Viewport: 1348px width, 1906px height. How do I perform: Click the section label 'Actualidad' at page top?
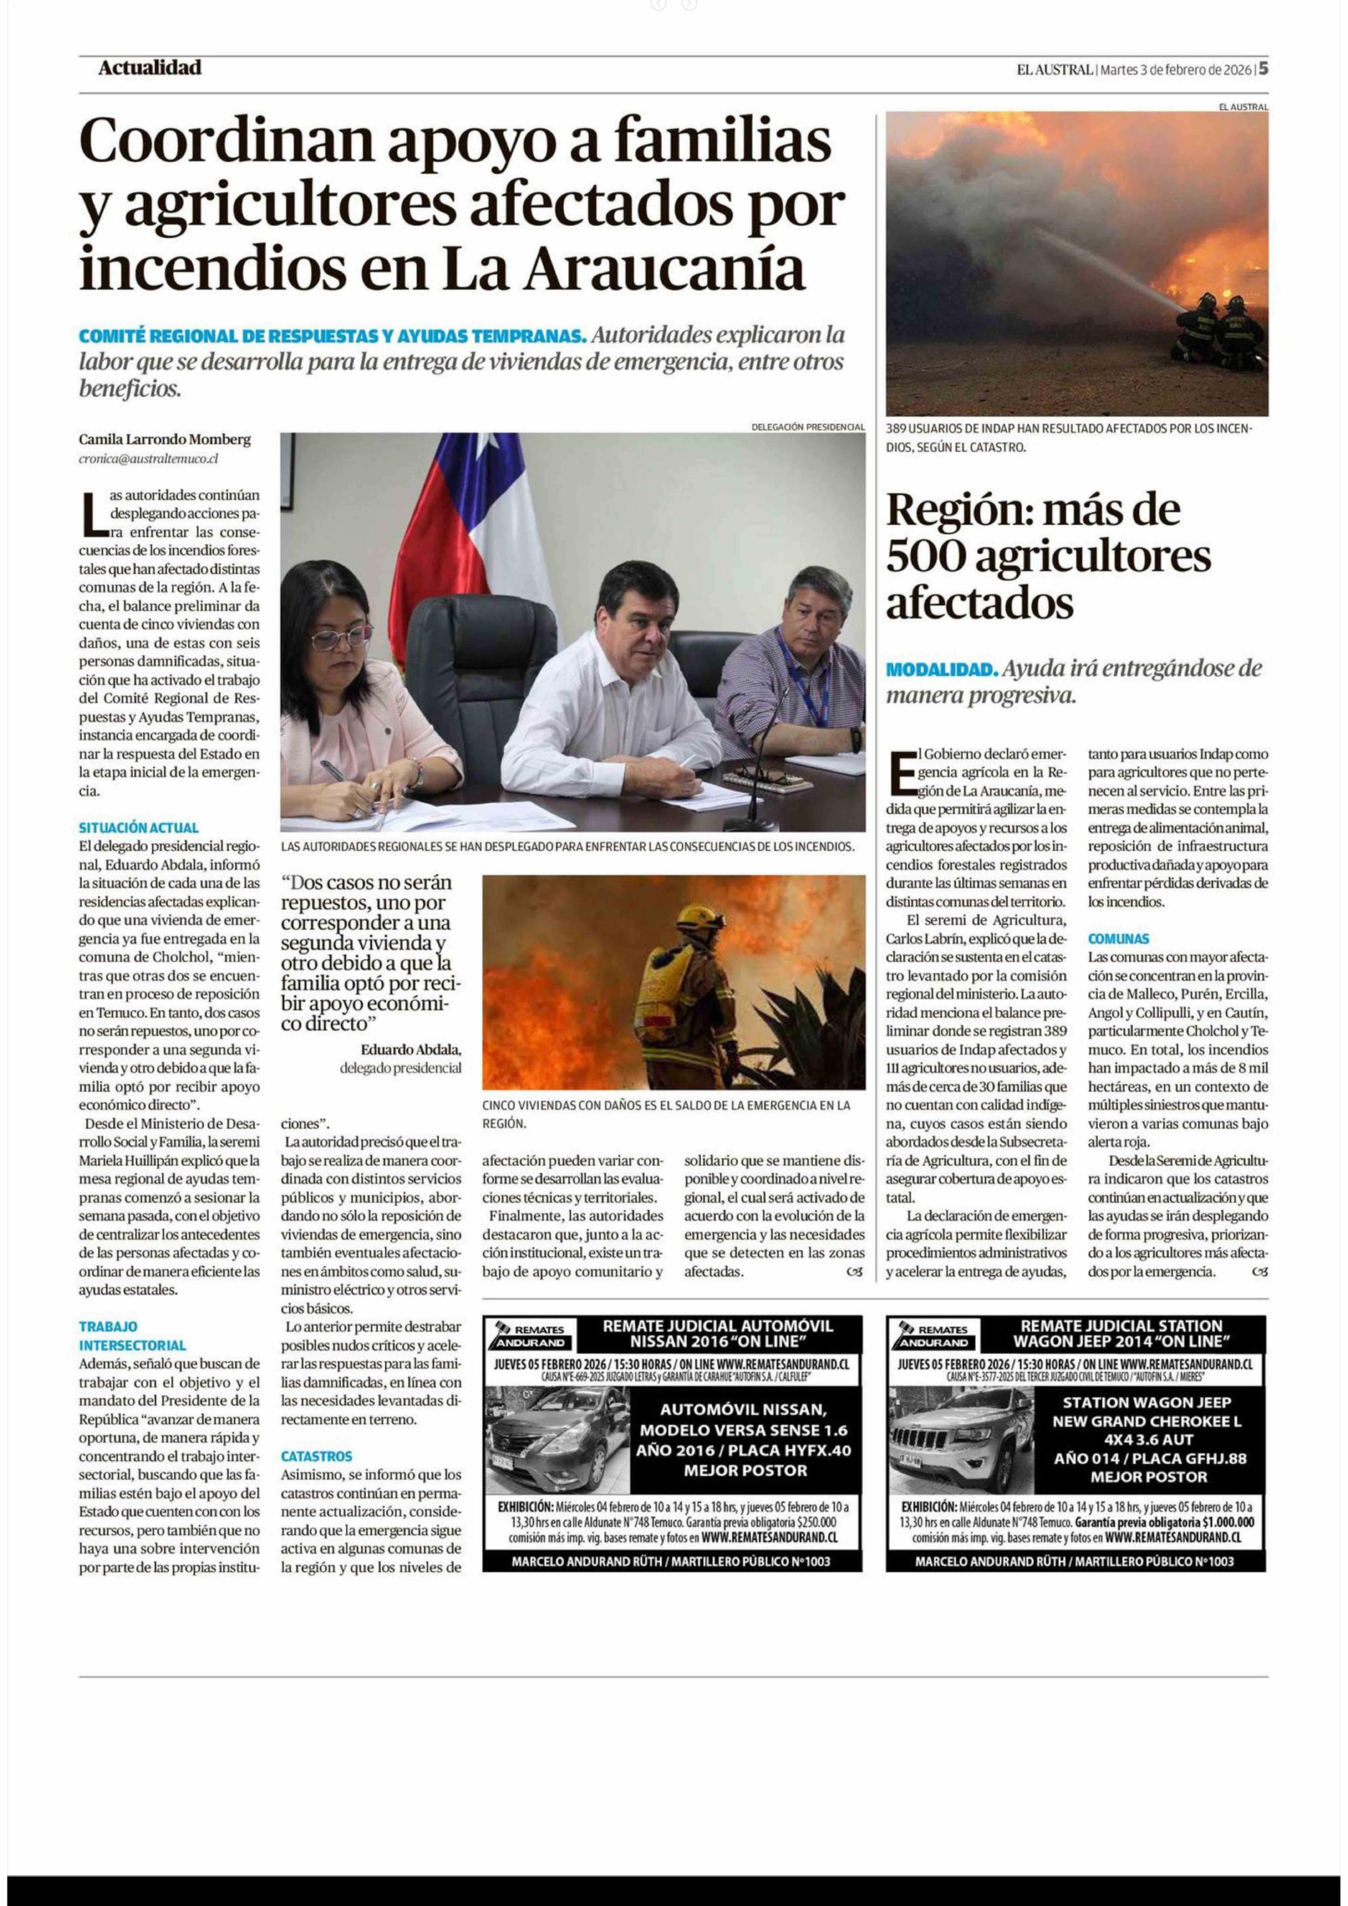click(x=149, y=68)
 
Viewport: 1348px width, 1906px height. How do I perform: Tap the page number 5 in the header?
click(x=1263, y=69)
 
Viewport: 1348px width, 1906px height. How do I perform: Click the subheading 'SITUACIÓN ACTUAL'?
click(x=139, y=828)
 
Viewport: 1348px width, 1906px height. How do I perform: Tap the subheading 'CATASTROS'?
click(x=316, y=1456)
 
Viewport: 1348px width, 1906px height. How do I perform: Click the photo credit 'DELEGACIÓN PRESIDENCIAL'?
click(x=808, y=427)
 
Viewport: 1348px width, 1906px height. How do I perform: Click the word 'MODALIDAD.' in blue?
click(x=941, y=669)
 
